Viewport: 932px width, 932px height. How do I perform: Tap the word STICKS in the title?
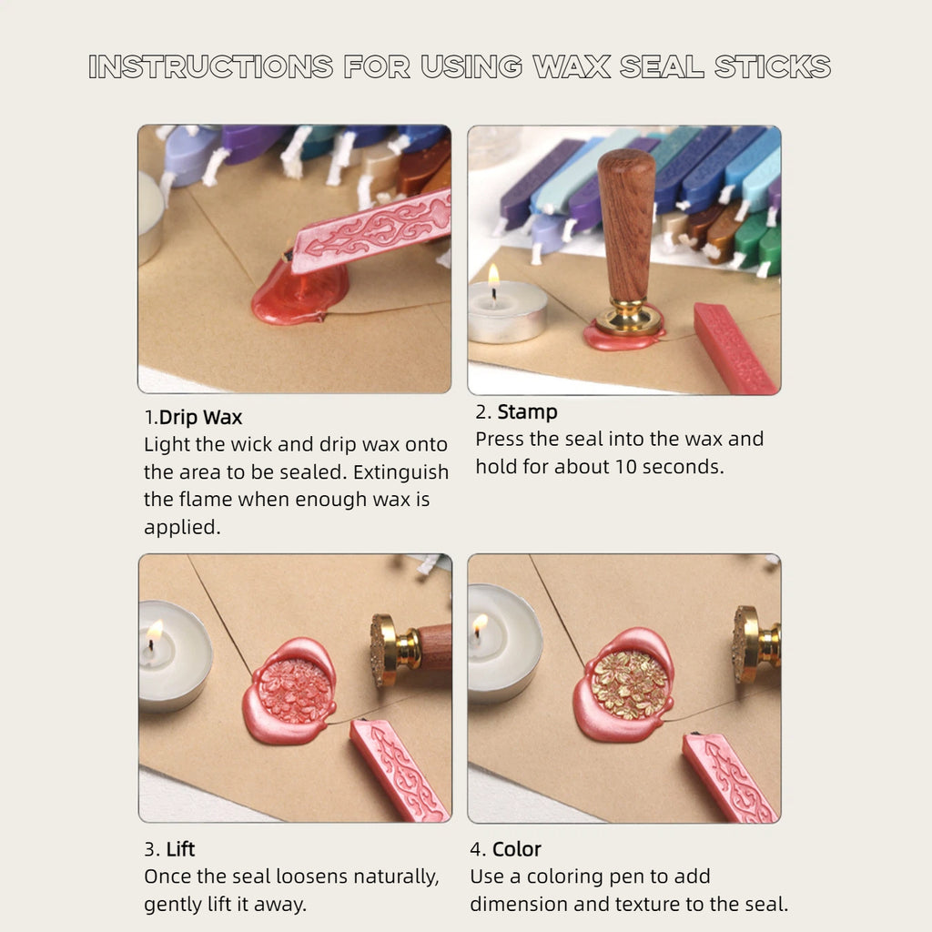click(773, 66)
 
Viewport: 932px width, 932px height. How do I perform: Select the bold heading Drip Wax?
click(201, 418)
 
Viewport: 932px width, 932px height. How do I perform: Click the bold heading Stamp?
click(527, 411)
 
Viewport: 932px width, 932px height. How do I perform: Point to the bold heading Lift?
click(180, 849)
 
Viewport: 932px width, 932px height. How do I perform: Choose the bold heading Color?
click(516, 849)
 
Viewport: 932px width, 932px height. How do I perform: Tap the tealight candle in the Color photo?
click(502, 643)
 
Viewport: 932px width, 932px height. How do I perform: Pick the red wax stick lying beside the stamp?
click(735, 348)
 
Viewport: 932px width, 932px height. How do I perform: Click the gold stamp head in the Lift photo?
click(386, 649)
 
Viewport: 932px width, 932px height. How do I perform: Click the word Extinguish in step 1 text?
click(400, 472)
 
